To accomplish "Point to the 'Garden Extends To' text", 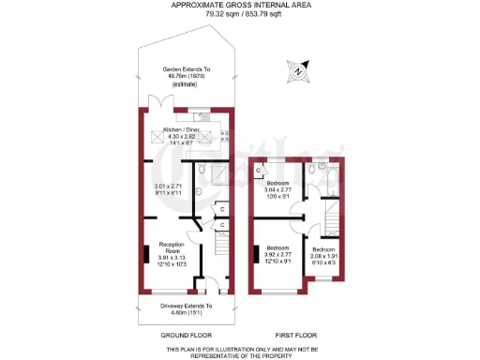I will tap(186, 69).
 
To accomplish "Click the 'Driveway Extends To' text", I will tap(186, 306).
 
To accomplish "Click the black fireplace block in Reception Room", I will tap(144, 254).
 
